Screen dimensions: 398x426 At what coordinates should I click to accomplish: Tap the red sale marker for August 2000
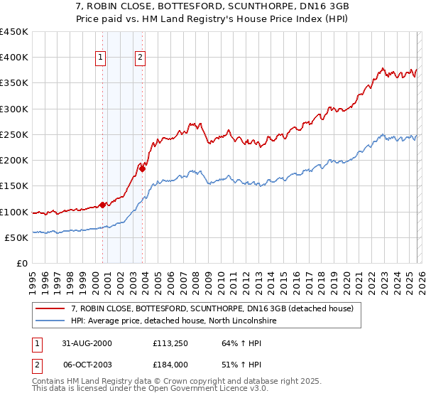[x=102, y=205]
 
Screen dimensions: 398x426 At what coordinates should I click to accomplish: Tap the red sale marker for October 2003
[x=142, y=168]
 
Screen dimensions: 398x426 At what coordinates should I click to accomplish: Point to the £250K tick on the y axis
[x=14, y=135]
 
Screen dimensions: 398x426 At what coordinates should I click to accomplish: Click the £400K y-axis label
[x=14, y=58]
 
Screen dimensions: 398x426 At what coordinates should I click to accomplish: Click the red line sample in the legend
[x=50, y=308]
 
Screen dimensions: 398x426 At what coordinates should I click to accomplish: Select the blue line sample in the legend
[x=50, y=321]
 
